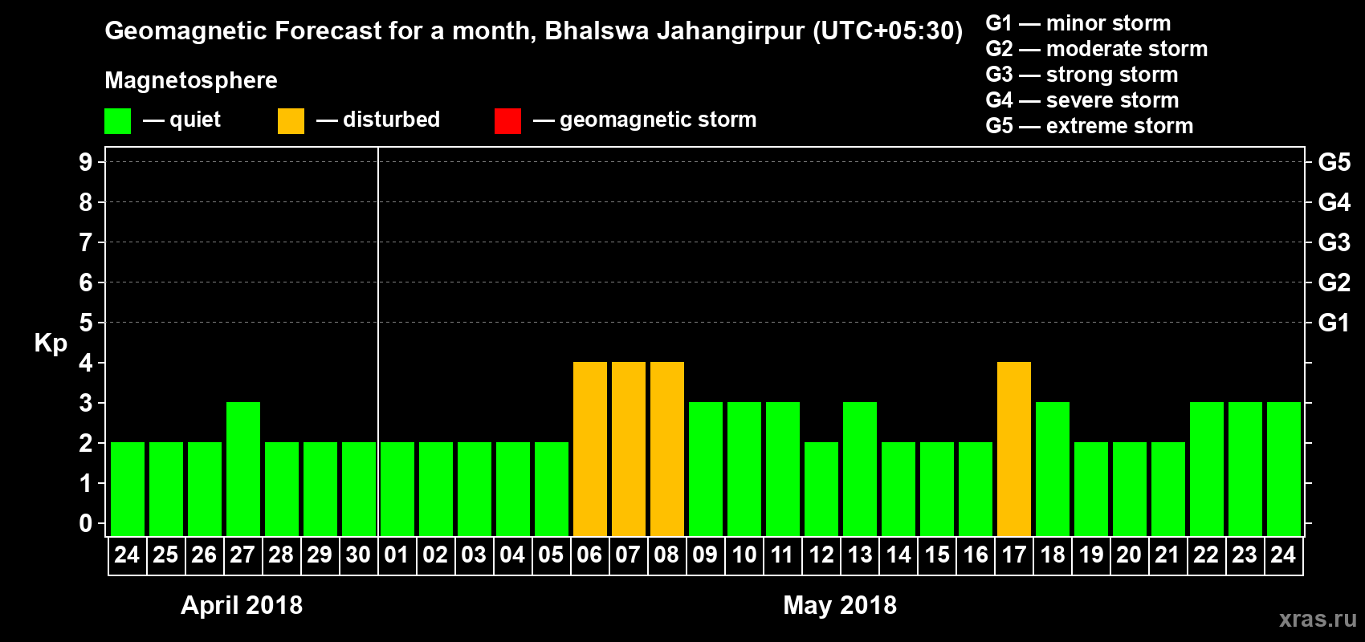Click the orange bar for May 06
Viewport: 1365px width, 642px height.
(590, 449)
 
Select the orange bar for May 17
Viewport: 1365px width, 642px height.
(1014, 449)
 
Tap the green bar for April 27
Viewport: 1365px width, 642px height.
(243, 469)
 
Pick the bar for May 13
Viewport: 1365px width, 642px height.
(860, 469)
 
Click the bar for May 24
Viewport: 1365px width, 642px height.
(1284, 469)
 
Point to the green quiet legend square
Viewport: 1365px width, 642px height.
(118, 121)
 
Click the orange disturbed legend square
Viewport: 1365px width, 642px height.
(291, 121)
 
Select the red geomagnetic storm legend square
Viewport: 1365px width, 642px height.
(508, 121)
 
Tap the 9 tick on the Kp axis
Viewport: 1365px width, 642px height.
(86, 162)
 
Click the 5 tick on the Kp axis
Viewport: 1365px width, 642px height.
(86, 323)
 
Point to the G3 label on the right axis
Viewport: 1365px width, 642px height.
(1334, 242)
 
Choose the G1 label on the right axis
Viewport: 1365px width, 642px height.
(1334, 323)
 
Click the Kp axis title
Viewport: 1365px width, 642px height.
(51, 343)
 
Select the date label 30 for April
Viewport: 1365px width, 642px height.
(358, 555)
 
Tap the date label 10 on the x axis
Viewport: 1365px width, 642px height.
(744, 555)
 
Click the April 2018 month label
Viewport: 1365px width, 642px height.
(242, 605)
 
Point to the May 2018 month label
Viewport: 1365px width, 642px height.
(840, 605)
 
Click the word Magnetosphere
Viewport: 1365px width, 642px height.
(191, 80)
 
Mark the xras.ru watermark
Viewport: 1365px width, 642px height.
(1317, 618)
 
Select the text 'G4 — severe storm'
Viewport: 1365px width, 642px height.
(1082, 100)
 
